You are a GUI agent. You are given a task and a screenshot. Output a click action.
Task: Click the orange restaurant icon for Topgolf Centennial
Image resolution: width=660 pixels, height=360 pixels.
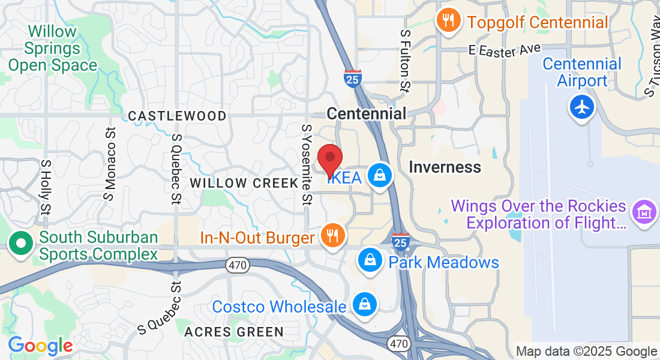pos(448,22)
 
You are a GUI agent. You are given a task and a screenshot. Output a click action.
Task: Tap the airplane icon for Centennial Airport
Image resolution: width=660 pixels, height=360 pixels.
pos(581,108)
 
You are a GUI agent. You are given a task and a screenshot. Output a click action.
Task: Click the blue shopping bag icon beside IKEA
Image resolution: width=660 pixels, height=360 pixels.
pos(380,176)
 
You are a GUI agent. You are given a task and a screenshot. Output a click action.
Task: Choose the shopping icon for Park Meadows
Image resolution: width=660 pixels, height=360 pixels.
pos(370,261)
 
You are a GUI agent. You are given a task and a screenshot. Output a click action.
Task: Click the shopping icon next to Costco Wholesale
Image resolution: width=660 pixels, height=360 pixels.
pos(364,305)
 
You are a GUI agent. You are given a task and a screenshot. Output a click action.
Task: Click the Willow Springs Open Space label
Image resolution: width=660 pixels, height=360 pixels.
pos(52,48)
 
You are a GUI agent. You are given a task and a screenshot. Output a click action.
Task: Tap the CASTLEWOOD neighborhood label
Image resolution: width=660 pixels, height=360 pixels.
pos(178,116)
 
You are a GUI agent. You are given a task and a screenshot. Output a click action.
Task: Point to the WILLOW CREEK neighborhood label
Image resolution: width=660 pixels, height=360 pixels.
pos(244,183)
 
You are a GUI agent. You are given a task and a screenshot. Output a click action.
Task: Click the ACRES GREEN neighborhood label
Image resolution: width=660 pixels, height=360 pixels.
pos(234,332)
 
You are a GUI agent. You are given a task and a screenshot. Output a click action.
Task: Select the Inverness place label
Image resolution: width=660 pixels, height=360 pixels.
pos(445,167)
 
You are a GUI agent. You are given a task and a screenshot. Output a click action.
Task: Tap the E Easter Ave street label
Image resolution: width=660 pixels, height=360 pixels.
pos(506,51)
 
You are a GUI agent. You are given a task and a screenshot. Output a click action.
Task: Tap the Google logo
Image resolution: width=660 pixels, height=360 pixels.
pos(40,346)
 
